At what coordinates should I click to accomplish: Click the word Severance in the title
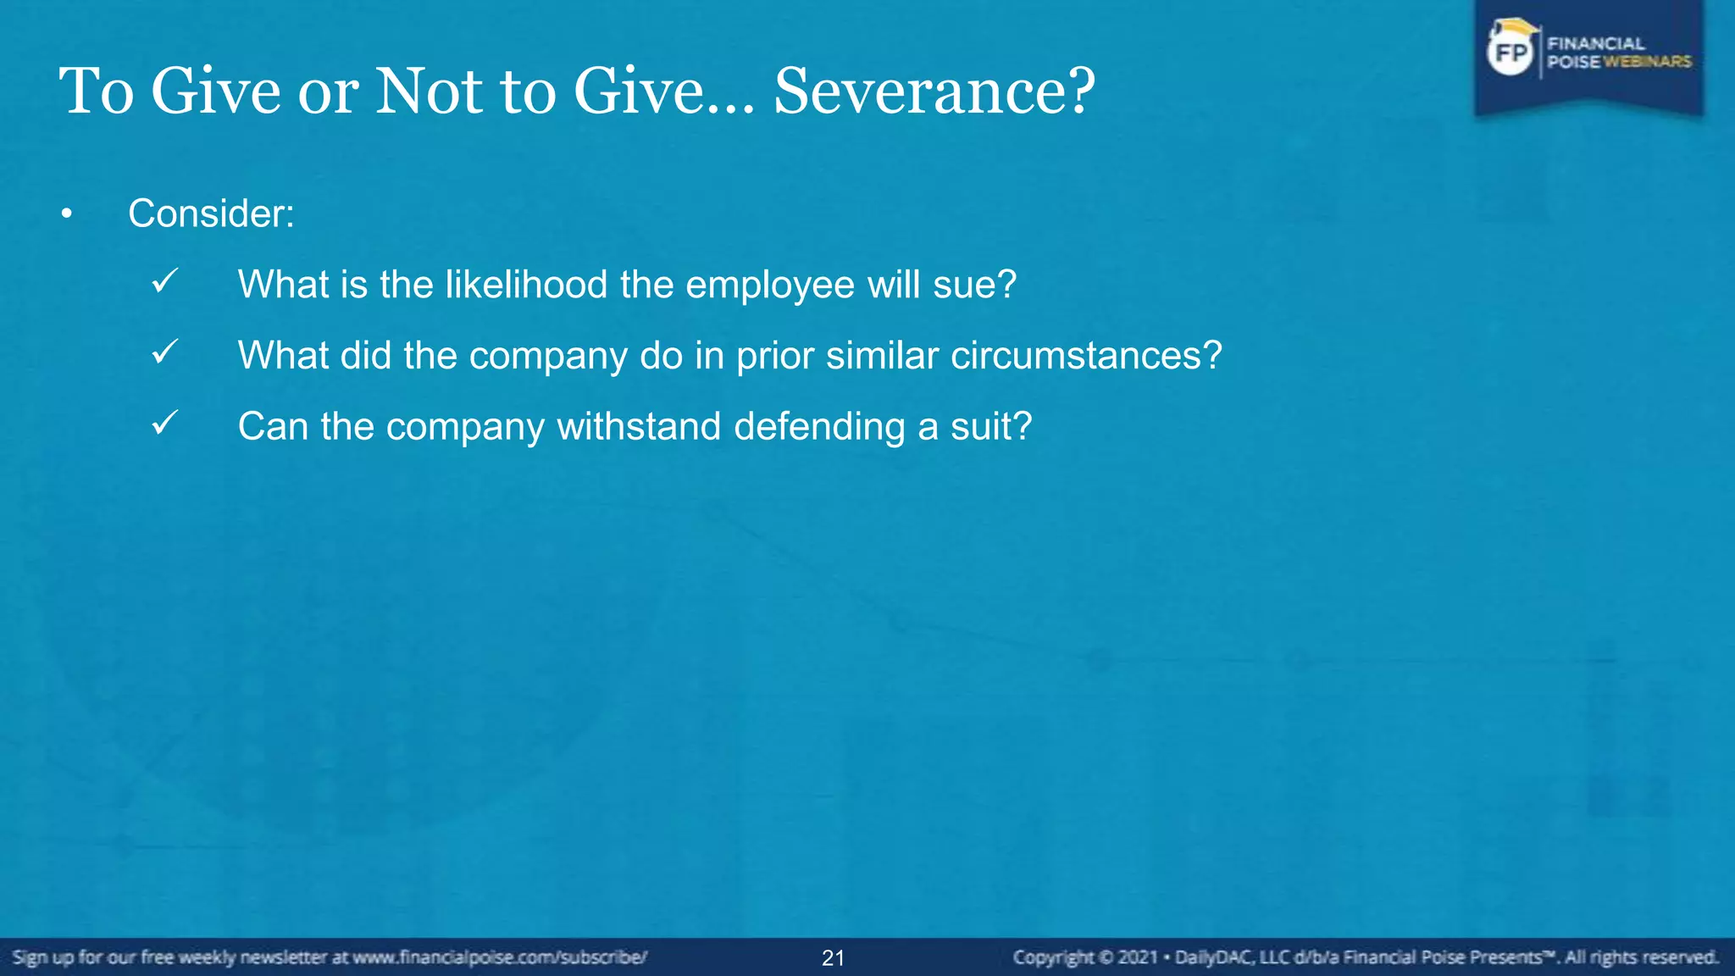coord(923,91)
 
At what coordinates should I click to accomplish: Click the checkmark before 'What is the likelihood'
coord(164,281)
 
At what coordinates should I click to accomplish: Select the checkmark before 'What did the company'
coord(164,352)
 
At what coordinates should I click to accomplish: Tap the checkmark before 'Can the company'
coord(164,423)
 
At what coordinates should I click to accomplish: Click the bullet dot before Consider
coord(67,215)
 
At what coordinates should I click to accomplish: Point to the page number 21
coord(833,958)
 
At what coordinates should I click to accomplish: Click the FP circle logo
coord(1511,53)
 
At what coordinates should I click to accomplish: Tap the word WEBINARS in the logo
coord(1647,62)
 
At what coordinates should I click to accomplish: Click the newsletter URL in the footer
coord(500,957)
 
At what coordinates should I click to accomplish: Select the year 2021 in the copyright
coord(1137,957)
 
